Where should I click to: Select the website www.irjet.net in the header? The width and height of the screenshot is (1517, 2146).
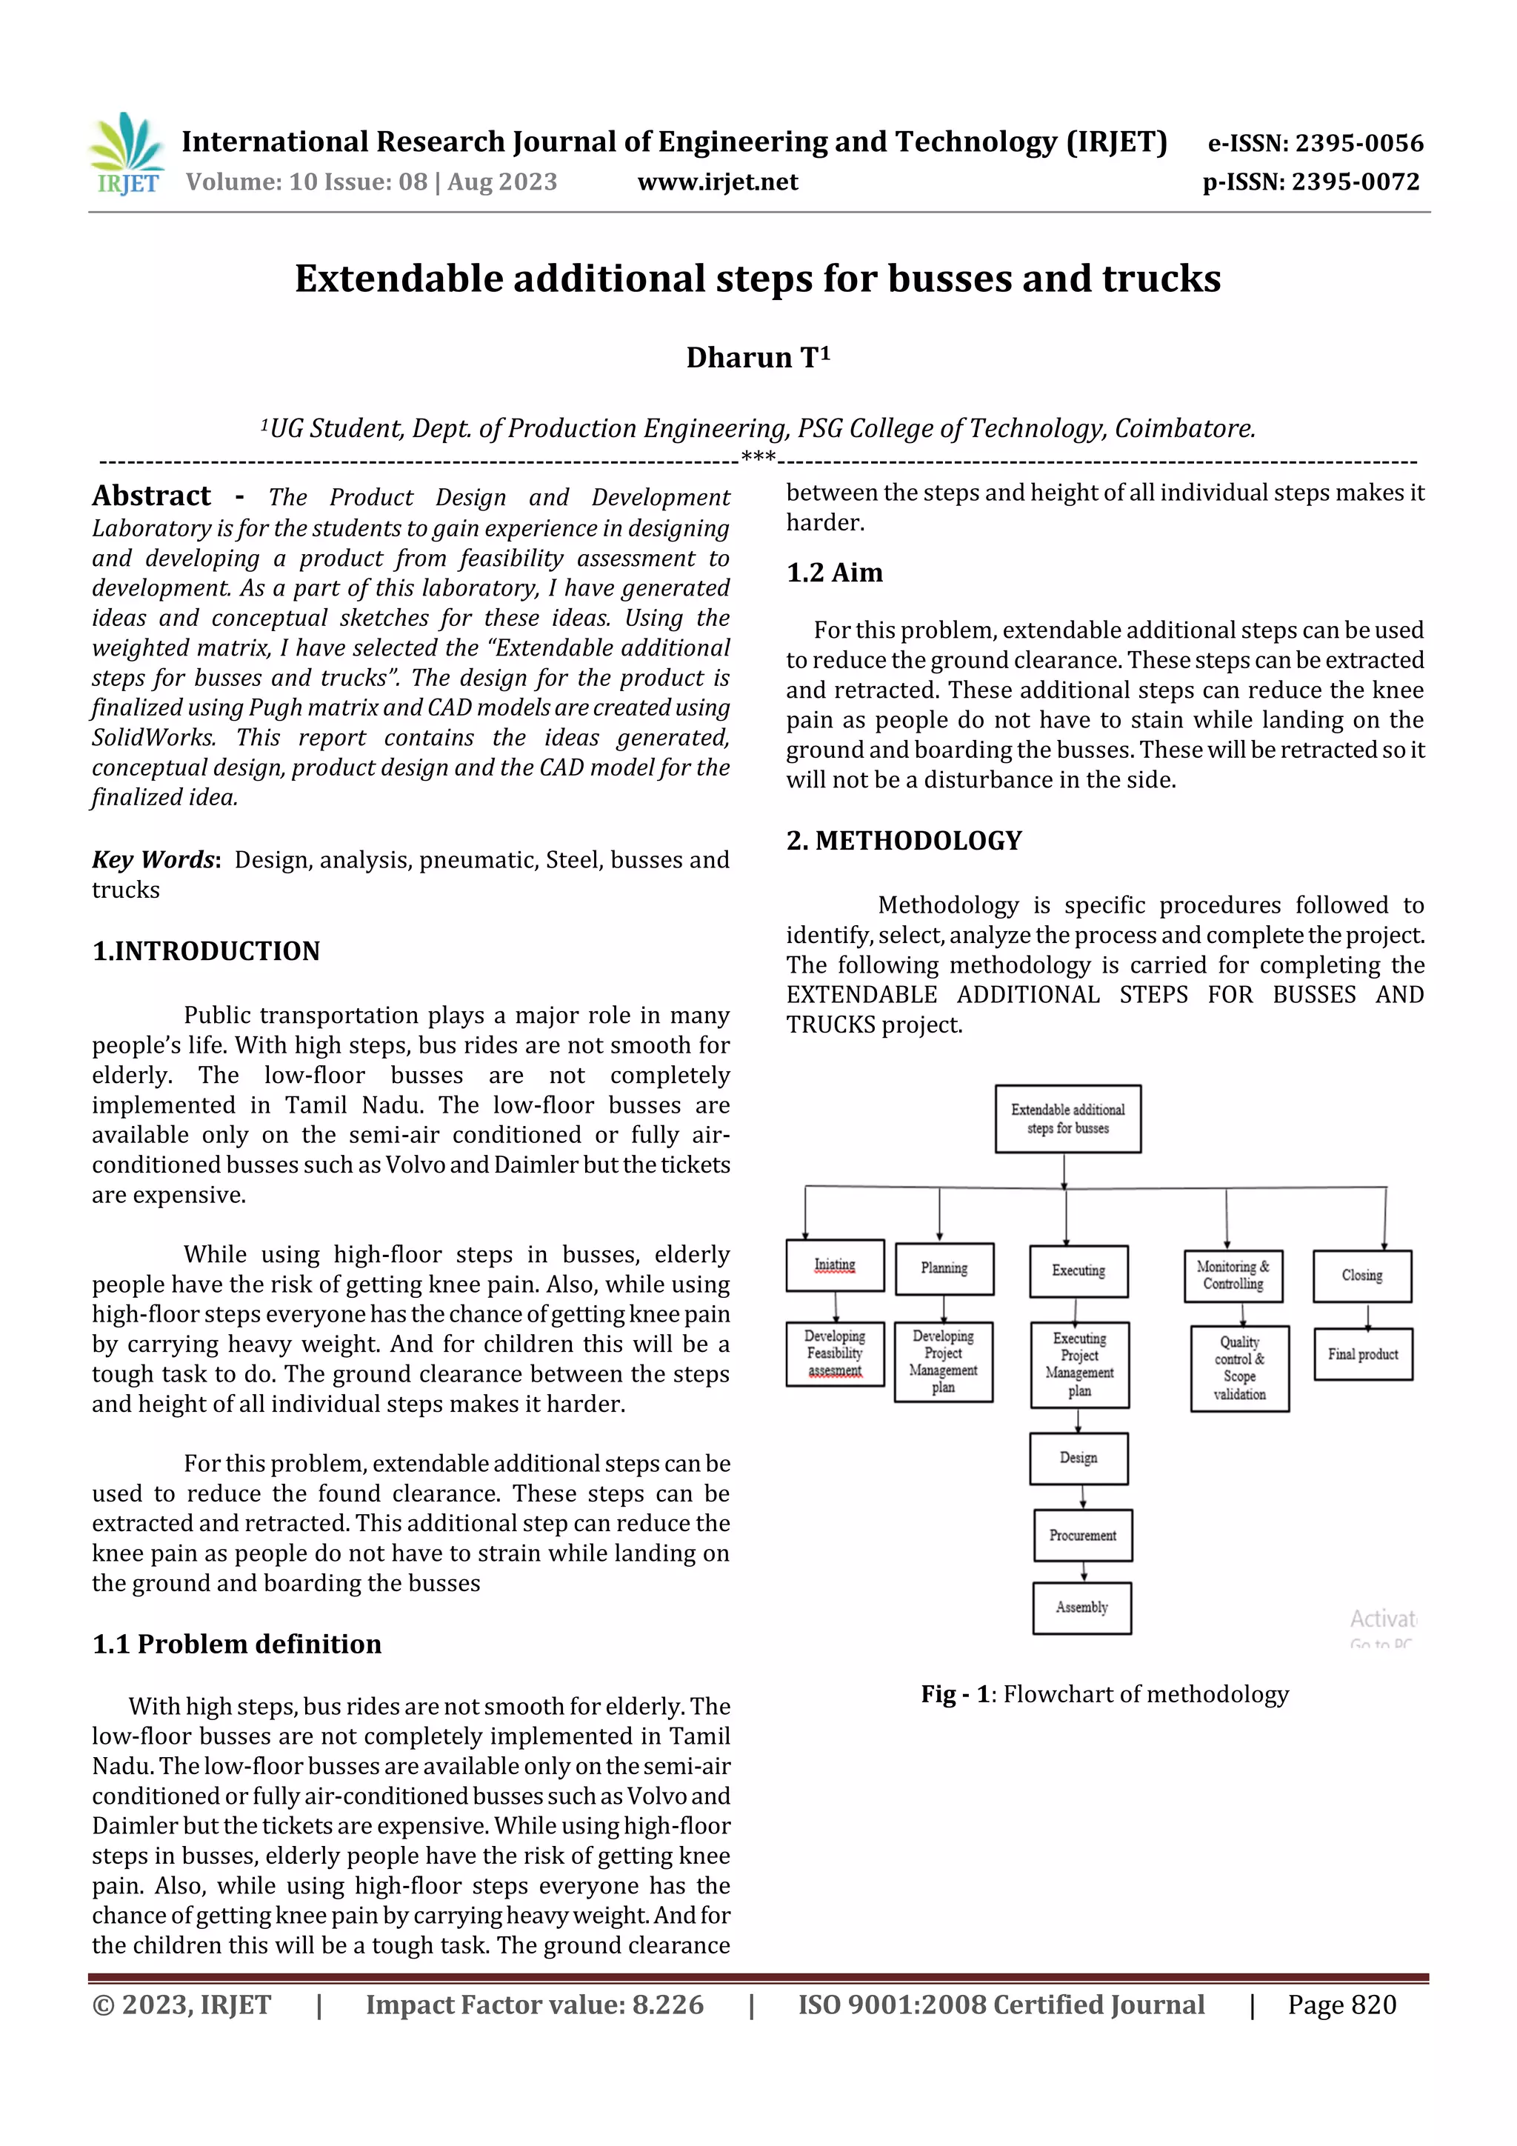click(717, 182)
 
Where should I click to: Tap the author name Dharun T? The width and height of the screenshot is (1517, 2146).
click(757, 358)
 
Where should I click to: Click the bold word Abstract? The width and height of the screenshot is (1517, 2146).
click(151, 496)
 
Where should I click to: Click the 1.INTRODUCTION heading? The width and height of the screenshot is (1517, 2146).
click(206, 950)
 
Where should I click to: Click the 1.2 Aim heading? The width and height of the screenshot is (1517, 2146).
click(834, 572)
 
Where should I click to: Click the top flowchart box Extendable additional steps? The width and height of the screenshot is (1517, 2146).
click(1067, 1119)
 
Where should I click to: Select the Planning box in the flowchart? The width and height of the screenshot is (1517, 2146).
click(943, 1268)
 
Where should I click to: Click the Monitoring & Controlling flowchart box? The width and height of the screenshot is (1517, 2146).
click(1233, 1276)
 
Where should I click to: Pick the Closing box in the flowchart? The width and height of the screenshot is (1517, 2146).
click(1362, 1276)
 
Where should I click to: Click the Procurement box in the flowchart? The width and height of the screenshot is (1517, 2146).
click(1082, 1535)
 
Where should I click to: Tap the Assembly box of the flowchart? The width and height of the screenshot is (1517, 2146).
click(1081, 1607)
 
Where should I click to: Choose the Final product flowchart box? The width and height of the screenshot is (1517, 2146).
click(1363, 1354)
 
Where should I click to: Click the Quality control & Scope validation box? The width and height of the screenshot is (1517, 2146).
click(1239, 1368)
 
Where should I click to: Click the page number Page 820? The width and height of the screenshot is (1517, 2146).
click(1341, 2005)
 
